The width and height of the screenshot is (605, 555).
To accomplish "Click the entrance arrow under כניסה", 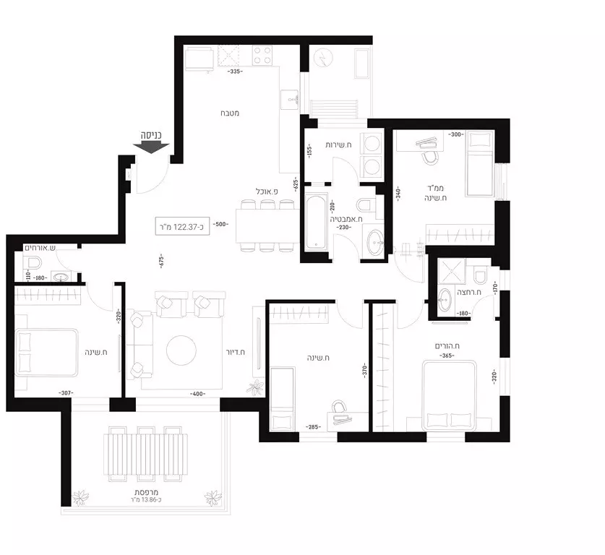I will coord(152,146).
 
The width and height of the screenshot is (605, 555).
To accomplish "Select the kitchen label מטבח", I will coord(231,113).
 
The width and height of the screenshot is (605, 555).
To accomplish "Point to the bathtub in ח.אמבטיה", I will coord(316,221).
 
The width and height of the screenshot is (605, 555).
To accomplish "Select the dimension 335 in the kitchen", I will coord(234,72).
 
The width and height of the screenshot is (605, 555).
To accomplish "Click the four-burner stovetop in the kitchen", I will coord(262,54).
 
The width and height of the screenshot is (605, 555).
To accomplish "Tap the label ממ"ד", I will coord(436,187).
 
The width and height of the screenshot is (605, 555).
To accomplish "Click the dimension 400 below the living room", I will coord(197,394).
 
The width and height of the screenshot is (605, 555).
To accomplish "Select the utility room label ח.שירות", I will coord(338,145).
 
